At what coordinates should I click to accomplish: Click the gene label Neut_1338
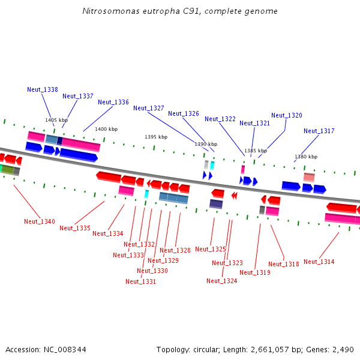tap(43, 89)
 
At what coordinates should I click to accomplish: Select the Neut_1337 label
tap(78, 96)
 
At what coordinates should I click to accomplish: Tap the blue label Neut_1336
tap(113, 102)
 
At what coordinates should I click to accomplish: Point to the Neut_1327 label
tap(149, 108)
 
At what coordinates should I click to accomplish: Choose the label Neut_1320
tap(287, 115)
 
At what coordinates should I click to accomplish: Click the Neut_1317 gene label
tap(319, 131)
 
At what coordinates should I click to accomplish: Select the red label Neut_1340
tap(40, 221)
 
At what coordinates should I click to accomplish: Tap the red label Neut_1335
tap(75, 228)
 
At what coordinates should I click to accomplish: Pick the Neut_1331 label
tap(141, 281)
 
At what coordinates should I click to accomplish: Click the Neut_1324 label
tap(222, 281)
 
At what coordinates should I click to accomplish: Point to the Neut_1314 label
tap(319, 262)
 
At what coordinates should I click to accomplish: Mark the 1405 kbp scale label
tap(56, 120)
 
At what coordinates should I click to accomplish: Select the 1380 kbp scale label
tap(305, 157)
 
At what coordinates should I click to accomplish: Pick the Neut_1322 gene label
tap(220, 119)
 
